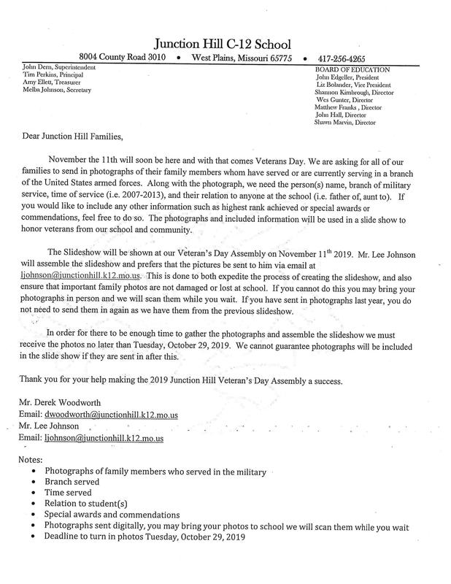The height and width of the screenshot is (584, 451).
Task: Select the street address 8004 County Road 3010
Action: click(x=123, y=57)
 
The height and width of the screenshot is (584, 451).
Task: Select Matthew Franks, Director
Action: click(x=349, y=107)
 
